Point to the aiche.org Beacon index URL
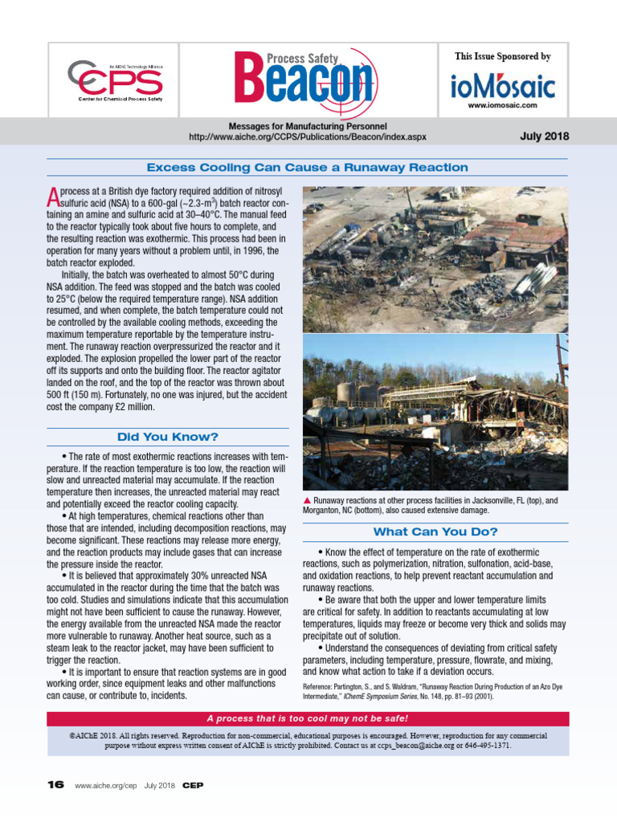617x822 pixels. [x=308, y=137]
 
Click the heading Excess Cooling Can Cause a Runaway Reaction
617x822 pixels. [x=308, y=168]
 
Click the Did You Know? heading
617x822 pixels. [x=167, y=437]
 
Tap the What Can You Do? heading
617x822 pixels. [x=435, y=532]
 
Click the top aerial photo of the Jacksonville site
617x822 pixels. [x=435, y=258]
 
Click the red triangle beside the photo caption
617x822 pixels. [x=307, y=500]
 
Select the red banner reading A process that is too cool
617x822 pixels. [x=308, y=718]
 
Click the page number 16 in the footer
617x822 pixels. [x=55, y=784]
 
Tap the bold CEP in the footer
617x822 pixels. [x=193, y=784]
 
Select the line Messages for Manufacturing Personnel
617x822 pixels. [x=308, y=126]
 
